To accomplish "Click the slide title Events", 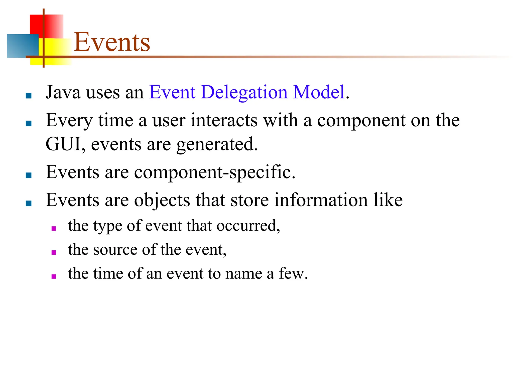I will pyautogui.click(x=112, y=42).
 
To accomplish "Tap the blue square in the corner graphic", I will pyautogui.click(x=21, y=46).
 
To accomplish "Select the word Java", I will pyautogui.click(x=63, y=92).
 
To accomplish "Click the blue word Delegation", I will pyautogui.click(x=244, y=92).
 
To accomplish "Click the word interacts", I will pyautogui.click(x=224, y=120).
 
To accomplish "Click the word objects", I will pyautogui.click(x=162, y=201).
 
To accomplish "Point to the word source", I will pyautogui.click(x=115, y=250).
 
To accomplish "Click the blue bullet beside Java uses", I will pyautogui.click(x=29, y=96).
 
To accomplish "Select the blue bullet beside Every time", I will pyautogui.click(x=29, y=124).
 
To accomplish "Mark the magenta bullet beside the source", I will pyautogui.click(x=54, y=252).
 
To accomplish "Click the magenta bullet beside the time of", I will pyautogui.click(x=54, y=276).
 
